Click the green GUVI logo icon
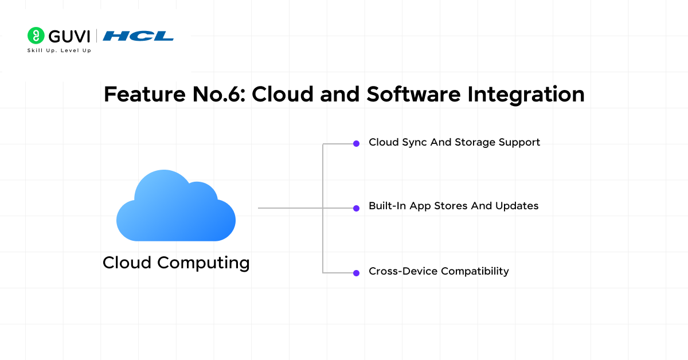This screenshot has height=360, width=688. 36,36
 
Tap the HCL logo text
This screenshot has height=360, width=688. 138,36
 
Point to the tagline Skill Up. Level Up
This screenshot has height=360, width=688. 59,50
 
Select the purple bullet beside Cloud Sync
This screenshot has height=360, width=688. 356,143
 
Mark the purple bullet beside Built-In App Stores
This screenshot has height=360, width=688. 356,208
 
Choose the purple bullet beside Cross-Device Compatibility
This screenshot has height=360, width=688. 356,272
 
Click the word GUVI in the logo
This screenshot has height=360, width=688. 69,36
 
